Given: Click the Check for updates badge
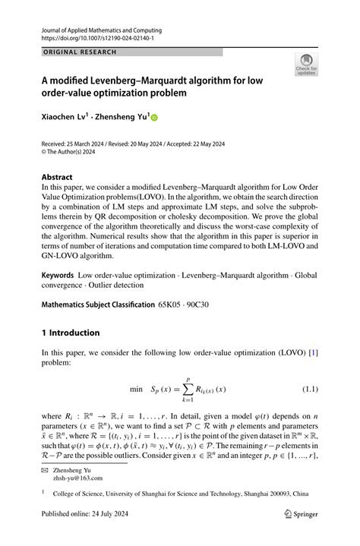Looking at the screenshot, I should point(306,64).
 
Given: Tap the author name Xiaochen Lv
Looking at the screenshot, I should point(65,117).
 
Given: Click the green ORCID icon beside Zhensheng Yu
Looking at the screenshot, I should point(156,118).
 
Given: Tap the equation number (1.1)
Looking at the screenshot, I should point(310,389).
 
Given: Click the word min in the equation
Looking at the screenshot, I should point(136,389).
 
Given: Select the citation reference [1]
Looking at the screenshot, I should point(312,353).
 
